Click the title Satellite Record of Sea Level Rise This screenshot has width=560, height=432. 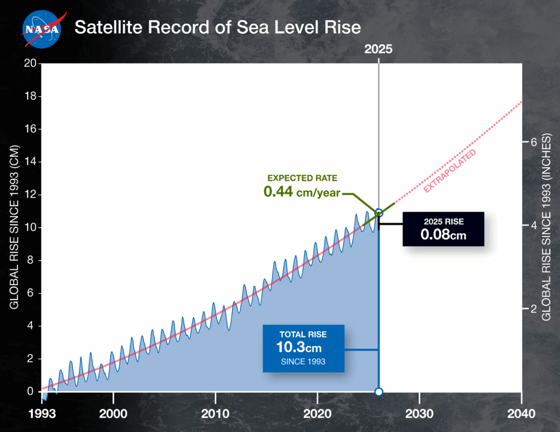(218, 27)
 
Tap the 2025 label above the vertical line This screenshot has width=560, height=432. (378, 49)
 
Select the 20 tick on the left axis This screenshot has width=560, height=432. (31, 64)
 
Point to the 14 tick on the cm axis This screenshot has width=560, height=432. (31, 162)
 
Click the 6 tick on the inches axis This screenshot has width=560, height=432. (529, 142)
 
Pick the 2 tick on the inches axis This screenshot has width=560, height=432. (529, 309)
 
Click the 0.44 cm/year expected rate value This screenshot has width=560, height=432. (302, 192)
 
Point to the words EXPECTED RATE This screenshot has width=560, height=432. (302, 178)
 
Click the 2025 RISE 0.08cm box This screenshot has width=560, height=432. (443, 229)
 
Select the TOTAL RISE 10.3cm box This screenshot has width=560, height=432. (303, 348)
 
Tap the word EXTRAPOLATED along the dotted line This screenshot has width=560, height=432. (450, 170)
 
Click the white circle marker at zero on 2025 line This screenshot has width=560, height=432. (378, 392)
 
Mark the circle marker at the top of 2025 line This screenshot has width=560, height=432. (378, 212)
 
